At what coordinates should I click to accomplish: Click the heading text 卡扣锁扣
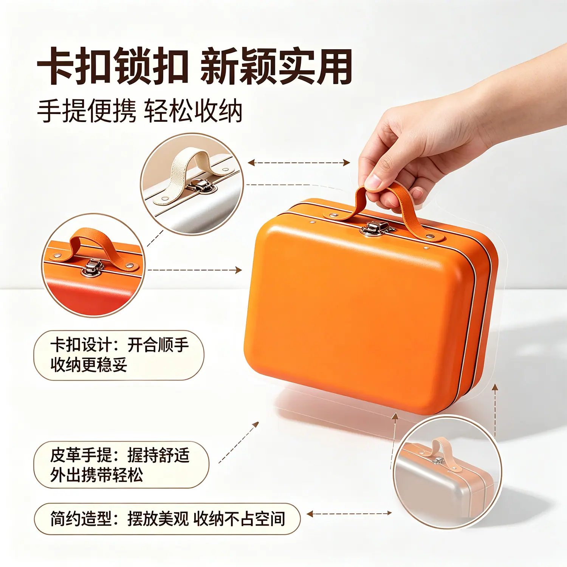point(113,67)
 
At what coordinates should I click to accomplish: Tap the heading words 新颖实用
point(276,67)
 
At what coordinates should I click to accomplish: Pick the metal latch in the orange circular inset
point(92,268)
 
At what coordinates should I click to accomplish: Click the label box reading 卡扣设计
point(119,355)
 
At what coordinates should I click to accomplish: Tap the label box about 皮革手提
point(121,465)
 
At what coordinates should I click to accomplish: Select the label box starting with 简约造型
point(167,519)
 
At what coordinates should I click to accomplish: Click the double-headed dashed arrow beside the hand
point(299,163)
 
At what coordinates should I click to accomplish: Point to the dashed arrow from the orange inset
point(194,270)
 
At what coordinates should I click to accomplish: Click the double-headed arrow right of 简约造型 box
point(349,513)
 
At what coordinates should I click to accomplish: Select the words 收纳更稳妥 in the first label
point(89,365)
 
